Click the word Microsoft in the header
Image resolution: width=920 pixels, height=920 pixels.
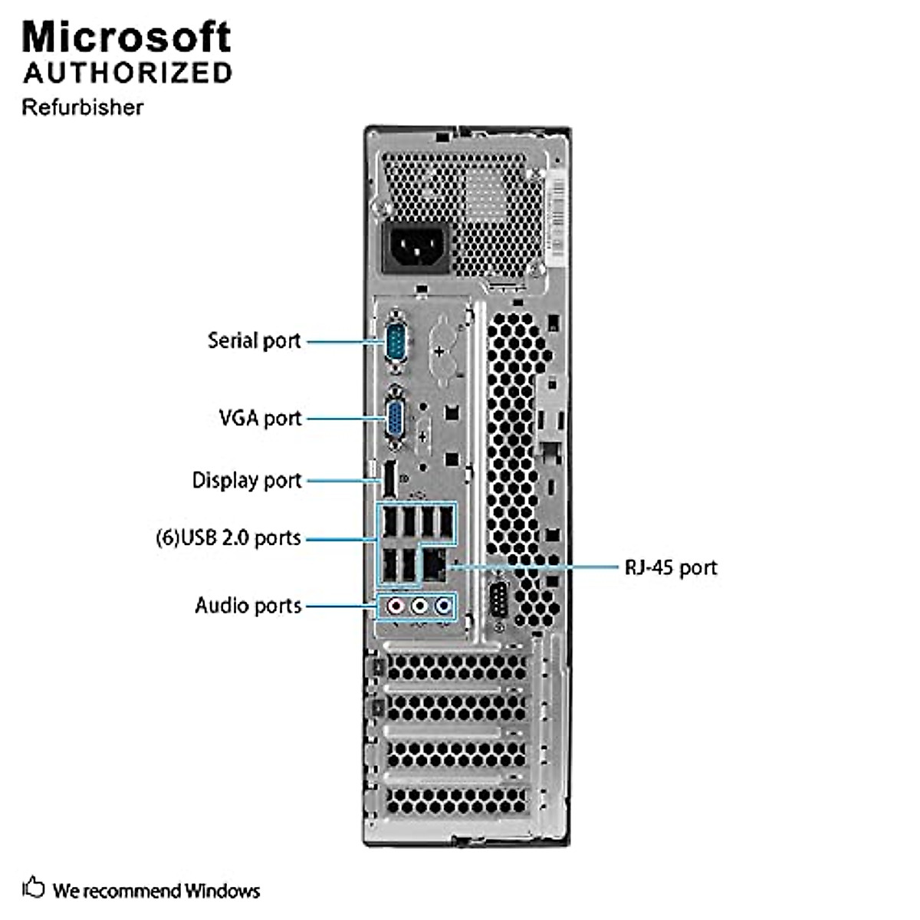[127, 37]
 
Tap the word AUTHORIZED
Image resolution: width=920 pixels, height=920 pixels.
[127, 73]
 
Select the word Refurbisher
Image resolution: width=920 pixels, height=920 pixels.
[83, 107]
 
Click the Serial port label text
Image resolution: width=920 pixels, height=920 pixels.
[254, 340]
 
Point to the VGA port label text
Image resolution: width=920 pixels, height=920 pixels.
[260, 418]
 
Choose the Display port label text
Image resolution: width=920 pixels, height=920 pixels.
[247, 480]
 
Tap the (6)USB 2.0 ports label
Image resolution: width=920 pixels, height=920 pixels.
[228, 537]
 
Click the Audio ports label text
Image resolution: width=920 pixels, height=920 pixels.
[248, 606]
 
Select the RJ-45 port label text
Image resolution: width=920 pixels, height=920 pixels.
[671, 567]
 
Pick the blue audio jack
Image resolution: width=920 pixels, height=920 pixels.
[443, 606]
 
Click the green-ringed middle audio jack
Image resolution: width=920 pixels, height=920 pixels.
[419, 606]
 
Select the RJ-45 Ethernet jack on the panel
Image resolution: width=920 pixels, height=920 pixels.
[436, 566]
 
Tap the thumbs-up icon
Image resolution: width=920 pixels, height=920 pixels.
[33, 888]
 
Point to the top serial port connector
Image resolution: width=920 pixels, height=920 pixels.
[396, 340]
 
